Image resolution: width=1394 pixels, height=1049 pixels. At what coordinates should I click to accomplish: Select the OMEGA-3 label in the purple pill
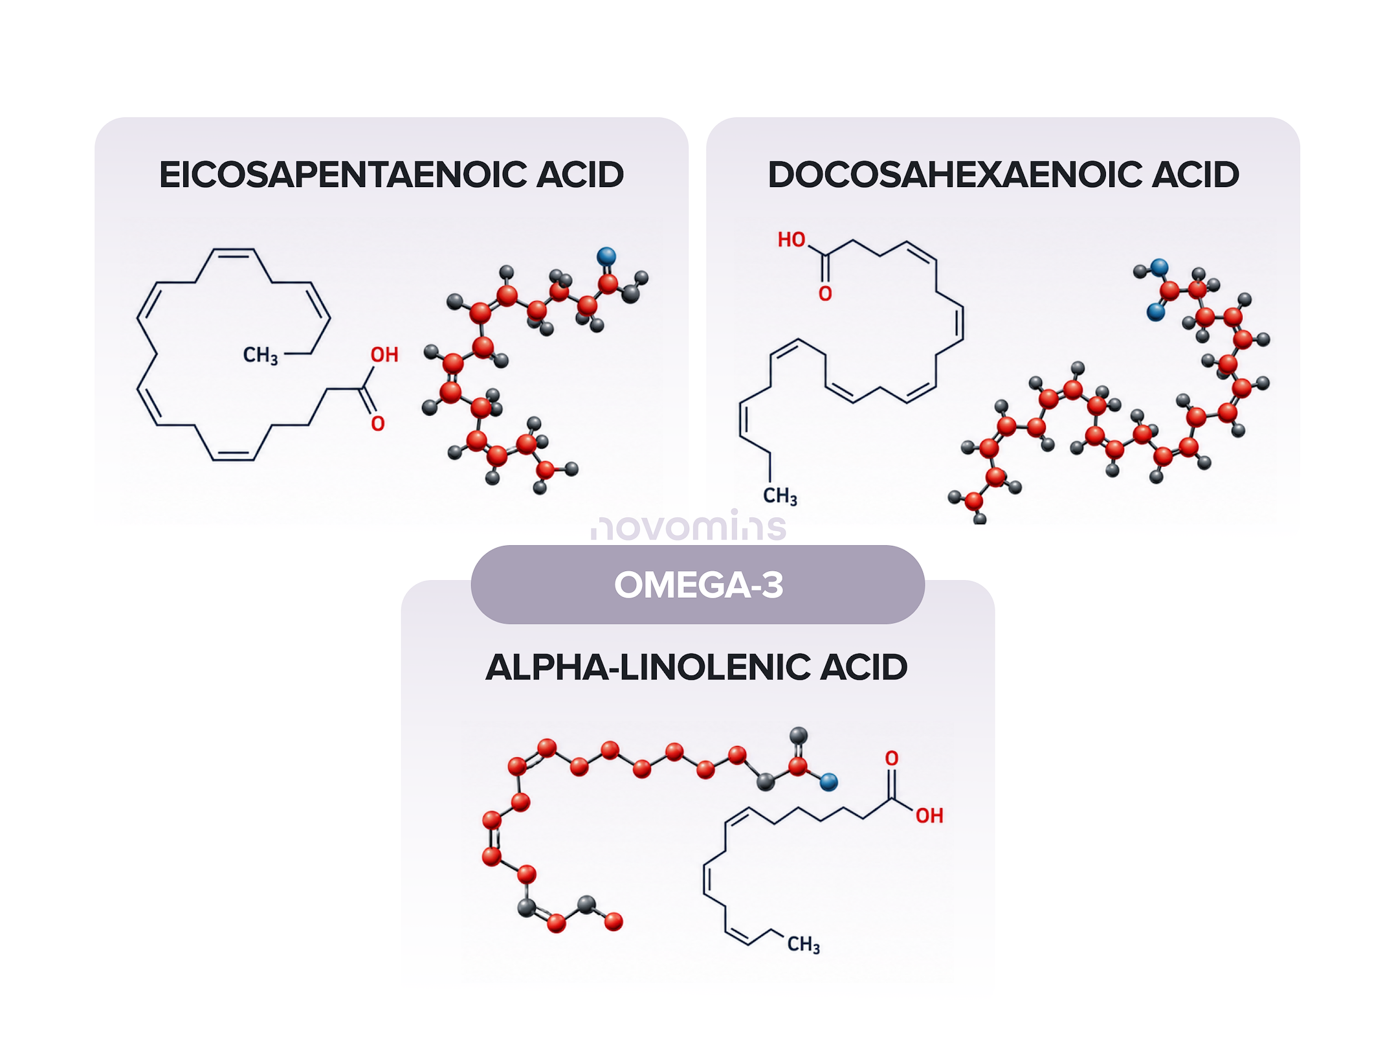click(x=698, y=585)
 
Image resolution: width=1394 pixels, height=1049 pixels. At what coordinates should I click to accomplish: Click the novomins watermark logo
click(x=689, y=525)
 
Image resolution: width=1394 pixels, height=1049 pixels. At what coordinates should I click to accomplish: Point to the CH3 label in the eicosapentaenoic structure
click(x=260, y=355)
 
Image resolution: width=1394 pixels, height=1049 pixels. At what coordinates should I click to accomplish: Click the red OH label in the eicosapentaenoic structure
click(x=384, y=355)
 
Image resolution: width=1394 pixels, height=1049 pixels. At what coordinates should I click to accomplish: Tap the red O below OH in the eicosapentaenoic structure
click(x=378, y=423)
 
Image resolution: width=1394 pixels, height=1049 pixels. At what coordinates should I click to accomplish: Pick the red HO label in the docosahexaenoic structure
click(x=791, y=240)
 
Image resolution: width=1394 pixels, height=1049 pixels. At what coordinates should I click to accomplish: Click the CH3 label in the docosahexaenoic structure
click(x=780, y=496)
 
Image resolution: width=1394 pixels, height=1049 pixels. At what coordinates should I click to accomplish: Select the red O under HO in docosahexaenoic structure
click(x=825, y=294)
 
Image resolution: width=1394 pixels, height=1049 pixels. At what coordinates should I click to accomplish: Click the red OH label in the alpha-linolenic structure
click(x=929, y=816)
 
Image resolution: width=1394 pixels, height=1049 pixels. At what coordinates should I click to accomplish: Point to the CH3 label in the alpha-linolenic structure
click(x=804, y=945)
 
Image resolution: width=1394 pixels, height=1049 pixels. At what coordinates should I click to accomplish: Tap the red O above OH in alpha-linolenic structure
click(x=892, y=758)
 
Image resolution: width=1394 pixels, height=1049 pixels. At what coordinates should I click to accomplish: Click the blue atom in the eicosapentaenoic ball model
click(x=606, y=256)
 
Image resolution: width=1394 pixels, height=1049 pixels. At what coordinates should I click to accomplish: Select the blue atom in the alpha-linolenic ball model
click(x=829, y=782)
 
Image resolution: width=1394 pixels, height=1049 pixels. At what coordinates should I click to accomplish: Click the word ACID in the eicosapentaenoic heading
click(x=581, y=175)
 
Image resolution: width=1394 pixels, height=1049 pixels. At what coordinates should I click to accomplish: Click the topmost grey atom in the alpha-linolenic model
click(x=799, y=736)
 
